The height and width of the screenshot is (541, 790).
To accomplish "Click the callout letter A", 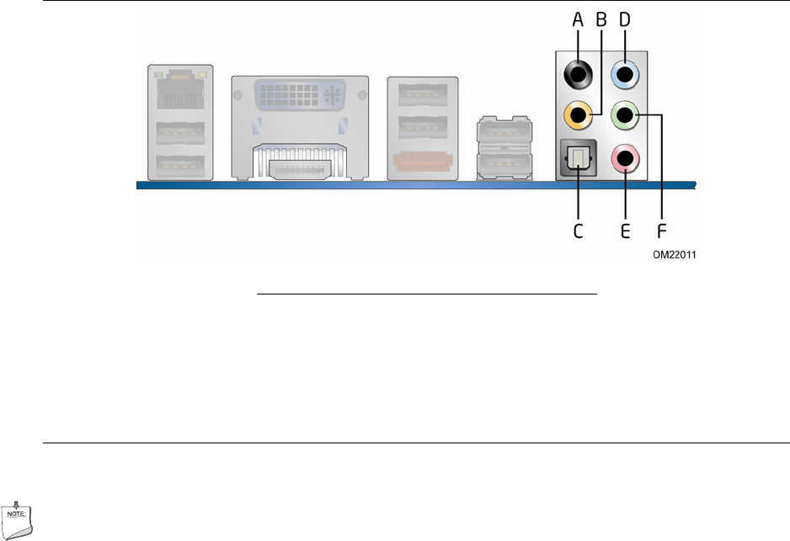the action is pos(578,19).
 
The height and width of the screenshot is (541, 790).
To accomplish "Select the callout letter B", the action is pos(601,19).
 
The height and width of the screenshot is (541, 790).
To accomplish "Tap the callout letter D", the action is pos(625,19).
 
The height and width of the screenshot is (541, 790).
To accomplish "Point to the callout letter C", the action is pos(578,231).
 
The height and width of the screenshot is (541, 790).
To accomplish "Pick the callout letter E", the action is pos(625,231).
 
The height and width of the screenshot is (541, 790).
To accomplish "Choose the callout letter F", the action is pos(661,231).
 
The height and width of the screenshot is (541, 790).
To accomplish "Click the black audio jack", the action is pos(578,75).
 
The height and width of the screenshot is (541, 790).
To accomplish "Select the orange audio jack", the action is pos(578,115).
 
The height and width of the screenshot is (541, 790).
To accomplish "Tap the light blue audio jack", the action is pos(625,75).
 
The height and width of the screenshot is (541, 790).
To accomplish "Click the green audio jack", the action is pos(625,115).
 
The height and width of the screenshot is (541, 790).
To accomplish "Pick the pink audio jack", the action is pos(625,158).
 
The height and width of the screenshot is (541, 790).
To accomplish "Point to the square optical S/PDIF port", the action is pos(578,158).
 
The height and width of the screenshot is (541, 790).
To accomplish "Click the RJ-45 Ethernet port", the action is pos(180,90).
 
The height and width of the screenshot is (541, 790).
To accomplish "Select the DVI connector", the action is pos(301,95).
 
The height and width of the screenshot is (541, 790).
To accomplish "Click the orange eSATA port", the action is pos(423,161).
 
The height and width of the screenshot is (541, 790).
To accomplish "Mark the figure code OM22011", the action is pos(675,255).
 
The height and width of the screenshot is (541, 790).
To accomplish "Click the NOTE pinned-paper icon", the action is pos(17,521).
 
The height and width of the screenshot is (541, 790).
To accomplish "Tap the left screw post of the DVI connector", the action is pos(238,95).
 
